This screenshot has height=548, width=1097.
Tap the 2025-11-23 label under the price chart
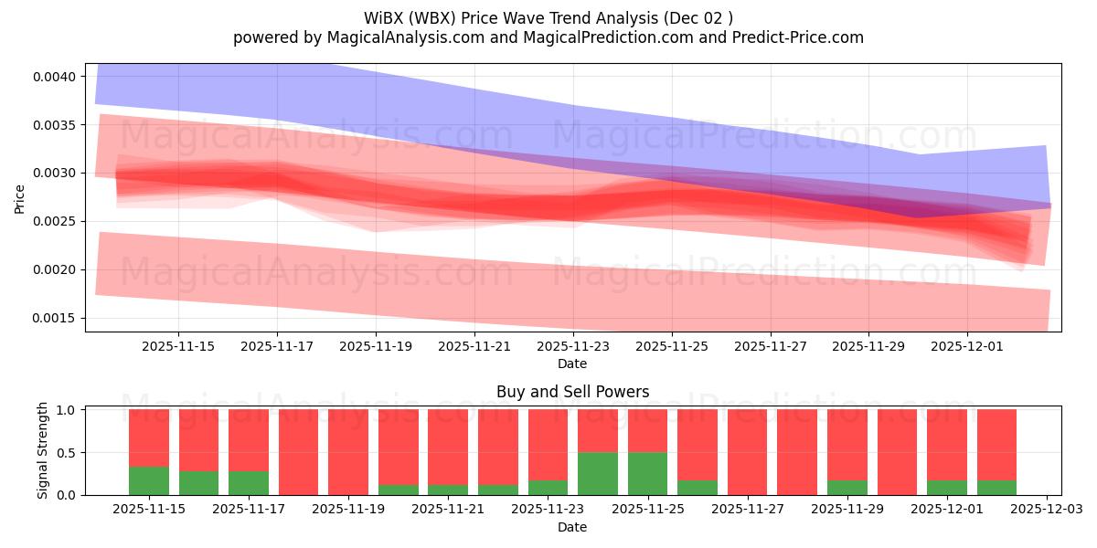572,346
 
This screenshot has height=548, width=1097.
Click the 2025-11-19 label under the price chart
375,346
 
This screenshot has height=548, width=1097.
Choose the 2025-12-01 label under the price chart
967,346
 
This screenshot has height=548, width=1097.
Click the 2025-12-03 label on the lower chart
1046,510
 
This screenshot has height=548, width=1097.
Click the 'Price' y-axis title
19,198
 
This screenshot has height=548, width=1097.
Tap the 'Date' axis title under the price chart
572,364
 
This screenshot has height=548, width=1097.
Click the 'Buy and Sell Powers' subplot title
572,392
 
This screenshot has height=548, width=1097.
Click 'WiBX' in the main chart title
388,17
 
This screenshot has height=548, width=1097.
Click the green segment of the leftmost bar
149,480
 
